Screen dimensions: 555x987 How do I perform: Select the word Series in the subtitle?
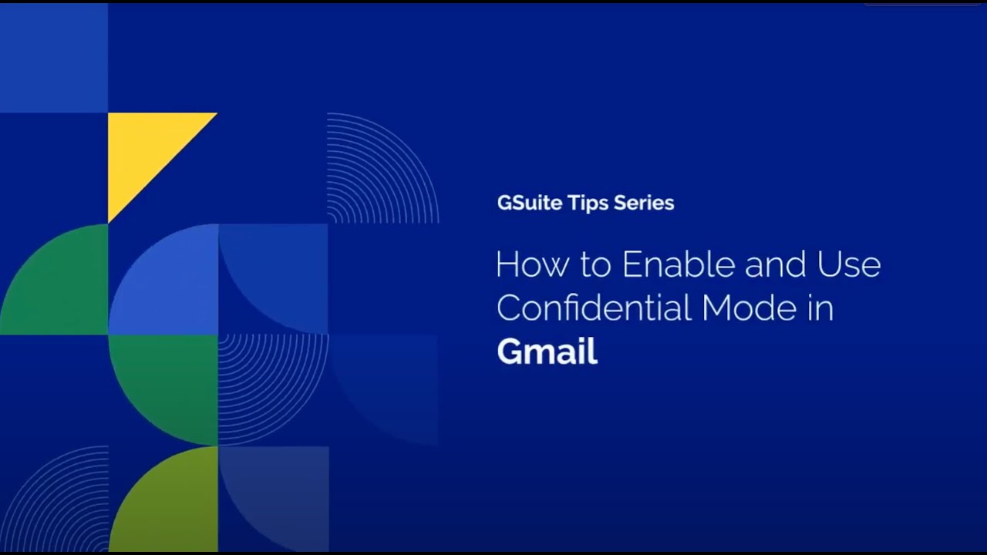(644, 203)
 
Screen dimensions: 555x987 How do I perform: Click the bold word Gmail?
(547, 352)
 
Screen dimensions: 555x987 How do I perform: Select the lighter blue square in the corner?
(53, 58)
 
